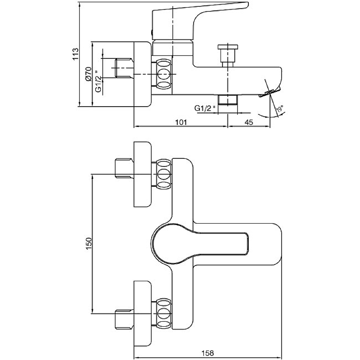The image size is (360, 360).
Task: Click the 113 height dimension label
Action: (76, 54)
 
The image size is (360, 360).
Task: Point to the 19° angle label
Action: (279, 109)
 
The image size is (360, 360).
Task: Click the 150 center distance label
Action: (89, 243)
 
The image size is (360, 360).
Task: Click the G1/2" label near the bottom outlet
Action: (205, 108)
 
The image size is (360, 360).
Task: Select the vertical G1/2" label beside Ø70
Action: (98, 81)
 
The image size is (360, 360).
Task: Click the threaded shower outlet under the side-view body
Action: (227, 100)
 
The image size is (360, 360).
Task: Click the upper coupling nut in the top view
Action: (164, 174)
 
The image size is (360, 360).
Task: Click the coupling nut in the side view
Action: (164, 73)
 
